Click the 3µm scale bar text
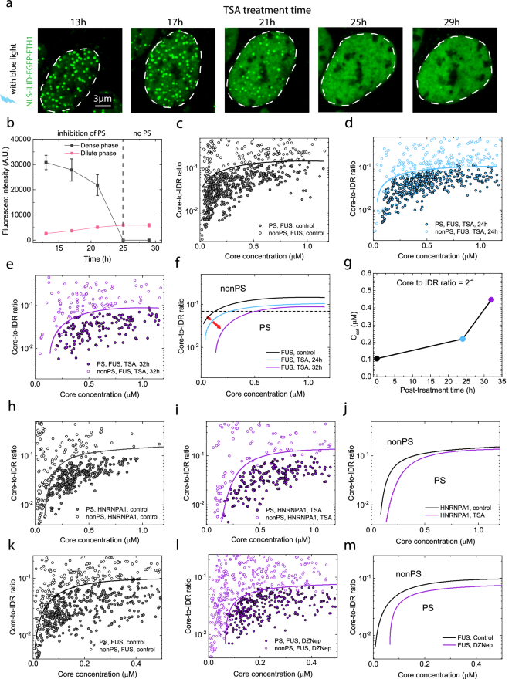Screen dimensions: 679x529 (76, 98)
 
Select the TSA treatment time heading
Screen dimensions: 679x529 (261, 6)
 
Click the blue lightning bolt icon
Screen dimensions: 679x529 (9, 100)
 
